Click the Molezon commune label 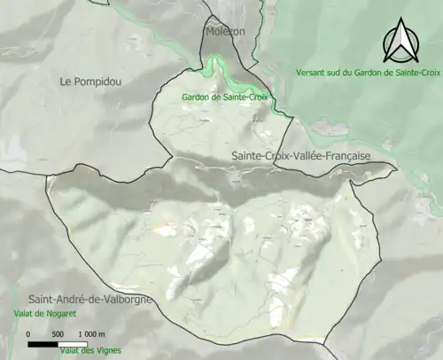pos(225,31)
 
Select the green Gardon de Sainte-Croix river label pos(224,97)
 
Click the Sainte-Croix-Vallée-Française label pos(300,155)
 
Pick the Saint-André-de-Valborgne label pos(89,299)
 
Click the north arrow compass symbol pos(399,41)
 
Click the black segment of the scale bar pos(43,342)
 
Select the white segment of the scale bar pos(73,342)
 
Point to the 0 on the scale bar pos(29,333)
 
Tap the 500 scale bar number pos(58,333)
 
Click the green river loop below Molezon pos(213,67)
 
